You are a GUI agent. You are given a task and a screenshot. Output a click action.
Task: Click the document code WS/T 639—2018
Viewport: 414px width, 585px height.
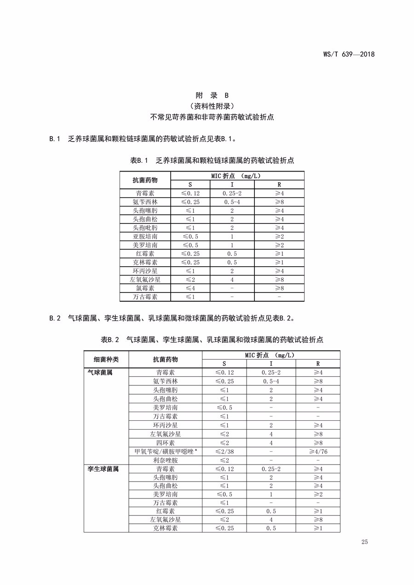pyautogui.click(x=349, y=54)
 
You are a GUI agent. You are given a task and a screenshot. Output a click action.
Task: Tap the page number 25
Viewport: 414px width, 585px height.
pyautogui.click(x=365, y=542)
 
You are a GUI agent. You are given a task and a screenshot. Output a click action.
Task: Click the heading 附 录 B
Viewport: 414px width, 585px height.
pyautogui.click(x=212, y=96)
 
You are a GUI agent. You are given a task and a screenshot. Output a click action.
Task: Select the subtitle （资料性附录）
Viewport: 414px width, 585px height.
pyautogui.click(x=212, y=106)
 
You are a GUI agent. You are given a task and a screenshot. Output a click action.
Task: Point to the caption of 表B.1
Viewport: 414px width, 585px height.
pyautogui.click(x=212, y=161)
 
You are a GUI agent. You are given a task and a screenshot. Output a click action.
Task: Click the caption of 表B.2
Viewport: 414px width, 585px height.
pyautogui.click(x=212, y=340)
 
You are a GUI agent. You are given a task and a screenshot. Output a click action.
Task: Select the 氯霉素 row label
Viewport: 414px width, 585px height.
pyautogui.click(x=145, y=288)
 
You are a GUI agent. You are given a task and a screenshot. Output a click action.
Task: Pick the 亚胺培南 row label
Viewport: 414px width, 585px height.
pyautogui.click(x=145, y=236)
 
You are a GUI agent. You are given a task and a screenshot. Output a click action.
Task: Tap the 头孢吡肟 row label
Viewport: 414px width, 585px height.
pyautogui.click(x=145, y=228)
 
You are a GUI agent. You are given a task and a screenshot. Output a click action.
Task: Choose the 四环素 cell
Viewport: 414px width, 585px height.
pyautogui.click(x=165, y=443)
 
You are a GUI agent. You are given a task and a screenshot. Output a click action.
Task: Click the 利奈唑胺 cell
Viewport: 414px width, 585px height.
pyautogui.click(x=165, y=460)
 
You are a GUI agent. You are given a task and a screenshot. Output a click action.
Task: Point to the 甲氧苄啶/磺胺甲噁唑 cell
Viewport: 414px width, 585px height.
pyautogui.click(x=165, y=452)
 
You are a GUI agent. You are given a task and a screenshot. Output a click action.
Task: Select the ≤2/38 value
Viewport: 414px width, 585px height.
pyautogui.click(x=224, y=452)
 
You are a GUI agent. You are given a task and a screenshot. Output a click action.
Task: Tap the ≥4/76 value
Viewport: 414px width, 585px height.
pyautogui.click(x=318, y=452)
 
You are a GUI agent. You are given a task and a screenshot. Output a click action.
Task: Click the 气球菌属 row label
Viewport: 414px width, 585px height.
pyautogui.click(x=100, y=373)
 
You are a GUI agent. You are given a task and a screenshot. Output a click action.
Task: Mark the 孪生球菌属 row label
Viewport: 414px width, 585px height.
pyautogui.click(x=103, y=469)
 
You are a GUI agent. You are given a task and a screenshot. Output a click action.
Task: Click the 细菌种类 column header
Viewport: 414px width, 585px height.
pyautogui.click(x=106, y=359)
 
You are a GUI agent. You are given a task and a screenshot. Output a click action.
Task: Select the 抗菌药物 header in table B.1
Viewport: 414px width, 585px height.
pyautogui.click(x=145, y=180)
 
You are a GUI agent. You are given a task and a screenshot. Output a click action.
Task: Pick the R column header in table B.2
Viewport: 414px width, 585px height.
pyautogui.click(x=318, y=364)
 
